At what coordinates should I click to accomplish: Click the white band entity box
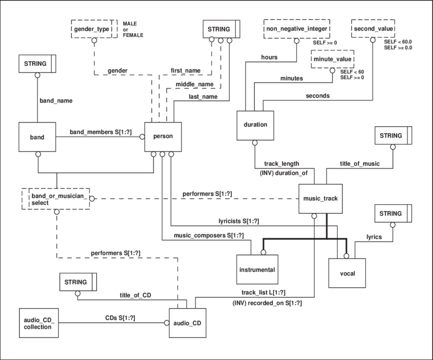click(x=37, y=137)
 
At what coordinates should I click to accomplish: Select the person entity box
click(x=163, y=137)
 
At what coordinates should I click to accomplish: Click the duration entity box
click(x=256, y=125)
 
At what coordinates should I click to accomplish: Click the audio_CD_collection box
click(x=39, y=323)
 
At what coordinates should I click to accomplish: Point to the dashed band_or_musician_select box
click(x=56, y=198)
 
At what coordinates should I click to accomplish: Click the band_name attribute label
click(x=56, y=101)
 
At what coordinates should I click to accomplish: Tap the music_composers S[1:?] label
click(x=208, y=235)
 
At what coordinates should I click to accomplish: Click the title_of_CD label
click(x=135, y=295)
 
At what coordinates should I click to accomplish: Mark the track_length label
click(x=281, y=163)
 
